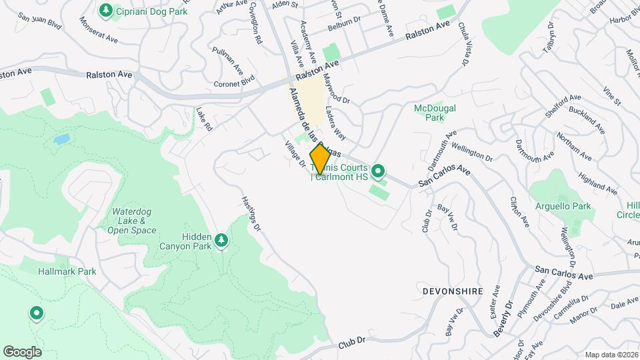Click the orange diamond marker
[320, 159]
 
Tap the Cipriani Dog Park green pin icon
[105, 10]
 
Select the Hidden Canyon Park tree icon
[221, 240]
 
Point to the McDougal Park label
[434, 113]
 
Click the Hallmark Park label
[67, 271]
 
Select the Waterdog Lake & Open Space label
[132, 221]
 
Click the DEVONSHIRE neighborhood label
[451, 291]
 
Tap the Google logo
[22, 351]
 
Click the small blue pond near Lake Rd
[61, 139]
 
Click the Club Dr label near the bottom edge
[353, 341]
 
